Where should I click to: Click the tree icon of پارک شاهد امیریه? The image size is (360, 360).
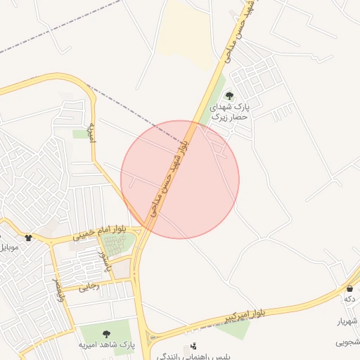tap(107, 334)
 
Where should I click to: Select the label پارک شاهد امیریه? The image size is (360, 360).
tap(105, 346)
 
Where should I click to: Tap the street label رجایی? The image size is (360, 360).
tap(89, 286)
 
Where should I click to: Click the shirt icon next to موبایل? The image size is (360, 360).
tap(28, 238)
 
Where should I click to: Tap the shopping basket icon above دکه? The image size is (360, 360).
tap(349, 288)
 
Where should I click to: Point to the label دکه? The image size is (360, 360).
tap(350, 300)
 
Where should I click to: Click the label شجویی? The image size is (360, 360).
tap(348, 342)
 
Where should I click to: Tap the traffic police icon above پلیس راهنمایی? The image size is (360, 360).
tap(193, 346)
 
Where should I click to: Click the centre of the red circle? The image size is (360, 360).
tap(180, 179)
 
